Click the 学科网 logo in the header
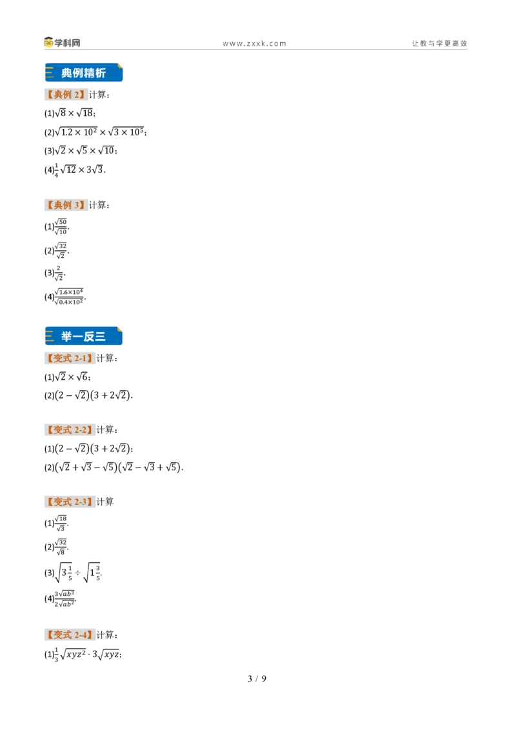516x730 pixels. coord(63,43)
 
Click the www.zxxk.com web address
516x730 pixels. coord(254,44)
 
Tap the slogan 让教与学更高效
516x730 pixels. coord(439,43)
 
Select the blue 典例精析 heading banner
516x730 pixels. coord(84,73)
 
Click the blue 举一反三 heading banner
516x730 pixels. coord(84,336)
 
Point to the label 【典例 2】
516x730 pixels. coord(66,95)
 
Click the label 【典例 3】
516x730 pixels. coord(66,205)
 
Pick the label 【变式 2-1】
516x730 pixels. coord(70,358)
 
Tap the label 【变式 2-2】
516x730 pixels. coord(70,429)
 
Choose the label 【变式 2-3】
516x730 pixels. coord(70,502)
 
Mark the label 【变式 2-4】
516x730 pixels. coord(70,635)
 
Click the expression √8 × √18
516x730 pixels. coord(75,113)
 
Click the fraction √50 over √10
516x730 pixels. coord(61,227)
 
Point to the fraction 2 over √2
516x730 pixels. coord(59,273)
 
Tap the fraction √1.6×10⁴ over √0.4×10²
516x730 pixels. coord(69,297)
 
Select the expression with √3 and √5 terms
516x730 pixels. coord(118,467)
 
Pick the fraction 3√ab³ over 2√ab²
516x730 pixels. coord(64,598)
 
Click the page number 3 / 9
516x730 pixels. coord(257,679)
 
